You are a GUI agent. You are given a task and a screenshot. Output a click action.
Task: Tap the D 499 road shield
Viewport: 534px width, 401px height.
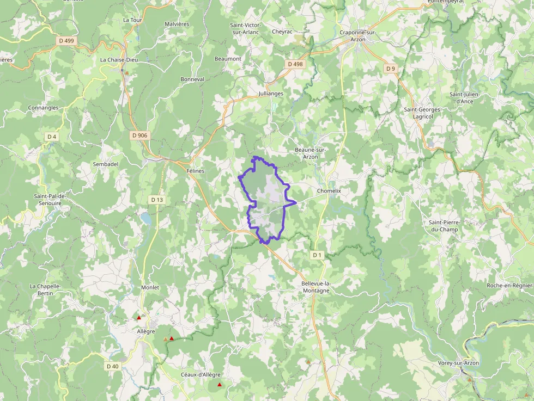click(66, 41)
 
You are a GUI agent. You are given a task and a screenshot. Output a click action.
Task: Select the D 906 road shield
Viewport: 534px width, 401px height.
click(139, 135)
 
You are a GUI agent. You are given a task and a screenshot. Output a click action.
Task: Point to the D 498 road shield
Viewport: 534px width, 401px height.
click(295, 64)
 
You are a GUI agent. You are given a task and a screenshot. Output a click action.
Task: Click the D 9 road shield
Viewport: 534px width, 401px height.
click(390, 69)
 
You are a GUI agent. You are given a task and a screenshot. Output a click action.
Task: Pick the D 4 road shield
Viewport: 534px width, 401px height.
click(52, 137)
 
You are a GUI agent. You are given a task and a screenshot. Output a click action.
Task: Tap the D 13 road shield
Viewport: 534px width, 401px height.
click(157, 200)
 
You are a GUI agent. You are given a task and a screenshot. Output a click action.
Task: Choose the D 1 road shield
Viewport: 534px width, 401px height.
click(317, 255)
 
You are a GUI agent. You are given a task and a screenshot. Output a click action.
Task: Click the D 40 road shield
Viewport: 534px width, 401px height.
click(113, 366)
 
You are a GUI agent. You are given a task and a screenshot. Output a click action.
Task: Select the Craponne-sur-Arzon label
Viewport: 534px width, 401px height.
click(357, 36)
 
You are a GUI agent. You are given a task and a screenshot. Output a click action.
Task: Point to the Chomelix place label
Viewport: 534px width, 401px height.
click(329, 191)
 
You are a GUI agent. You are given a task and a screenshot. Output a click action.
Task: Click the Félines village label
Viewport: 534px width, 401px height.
click(196, 171)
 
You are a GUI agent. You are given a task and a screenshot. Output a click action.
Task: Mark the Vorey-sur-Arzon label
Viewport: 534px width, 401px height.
click(458, 363)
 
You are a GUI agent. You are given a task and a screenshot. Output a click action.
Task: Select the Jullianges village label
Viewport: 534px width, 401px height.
click(271, 94)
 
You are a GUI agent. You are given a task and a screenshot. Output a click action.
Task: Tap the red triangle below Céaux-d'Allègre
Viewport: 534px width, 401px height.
click(220, 385)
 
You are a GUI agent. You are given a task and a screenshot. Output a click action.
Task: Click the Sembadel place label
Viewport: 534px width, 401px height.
click(106, 164)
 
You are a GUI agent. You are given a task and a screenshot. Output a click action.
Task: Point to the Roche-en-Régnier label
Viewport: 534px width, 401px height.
click(509, 285)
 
